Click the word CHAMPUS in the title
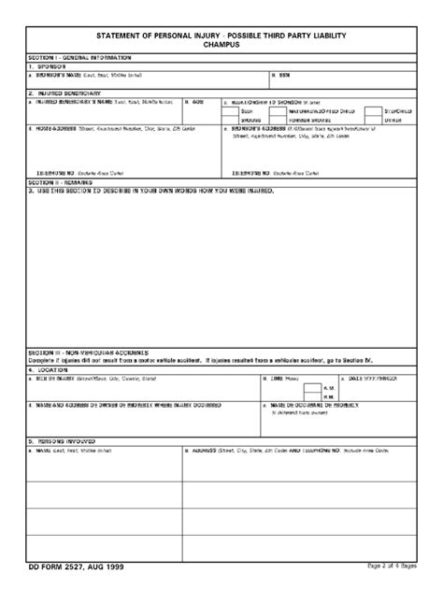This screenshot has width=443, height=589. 221,44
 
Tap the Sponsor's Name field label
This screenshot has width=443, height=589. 75,75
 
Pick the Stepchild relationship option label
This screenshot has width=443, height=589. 397,111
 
